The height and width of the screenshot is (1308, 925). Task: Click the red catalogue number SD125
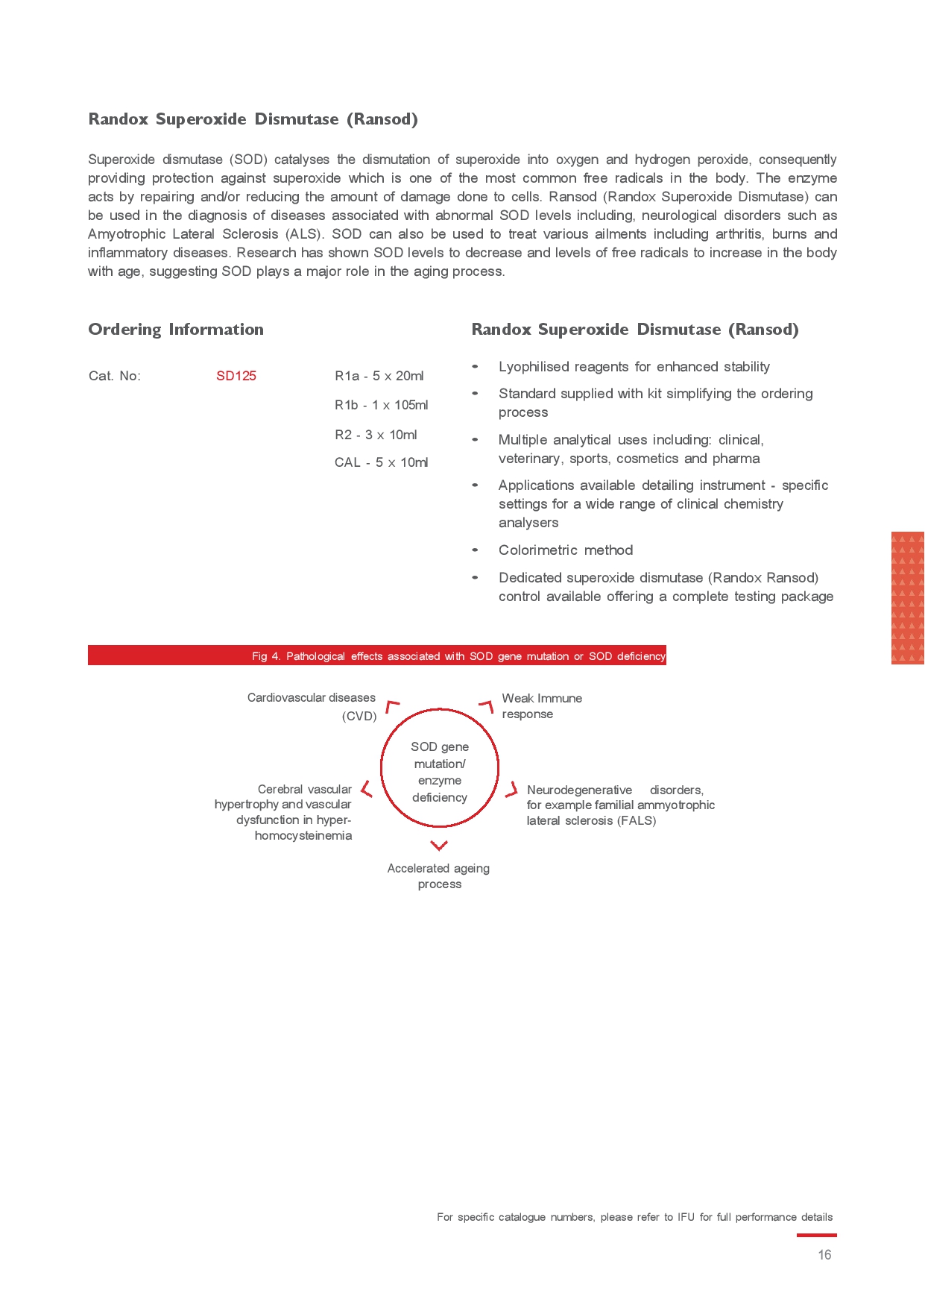(x=236, y=376)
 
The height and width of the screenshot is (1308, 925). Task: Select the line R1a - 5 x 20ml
(x=379, y=376)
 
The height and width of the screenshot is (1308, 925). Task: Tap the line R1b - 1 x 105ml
(x=381, y=405)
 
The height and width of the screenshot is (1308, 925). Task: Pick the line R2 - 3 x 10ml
(x=376, y=435)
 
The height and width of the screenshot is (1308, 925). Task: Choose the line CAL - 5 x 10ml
(x=381, y=462)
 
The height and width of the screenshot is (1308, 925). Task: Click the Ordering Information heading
(x=176, y=330)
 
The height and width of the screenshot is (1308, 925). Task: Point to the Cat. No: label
(x=114, y=376)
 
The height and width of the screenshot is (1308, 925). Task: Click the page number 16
(x=824, y=1255)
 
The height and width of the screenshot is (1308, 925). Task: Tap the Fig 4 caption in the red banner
(x=458, y=656)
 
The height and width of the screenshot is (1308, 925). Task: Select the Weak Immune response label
(x=542, y=706)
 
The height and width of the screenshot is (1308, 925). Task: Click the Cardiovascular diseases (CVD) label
(x=312, y=706)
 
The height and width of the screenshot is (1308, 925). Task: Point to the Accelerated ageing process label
(x=439, y=876)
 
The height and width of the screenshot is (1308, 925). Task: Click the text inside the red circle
(x=440, y=772)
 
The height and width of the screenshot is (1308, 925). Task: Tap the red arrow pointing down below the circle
(x=439, y=845)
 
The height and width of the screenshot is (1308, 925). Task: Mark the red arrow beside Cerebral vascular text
(x=366, y=789)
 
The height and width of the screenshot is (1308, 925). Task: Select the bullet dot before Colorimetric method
(x=475, y=550)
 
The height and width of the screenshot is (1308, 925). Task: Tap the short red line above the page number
(x=816, y=1235)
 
